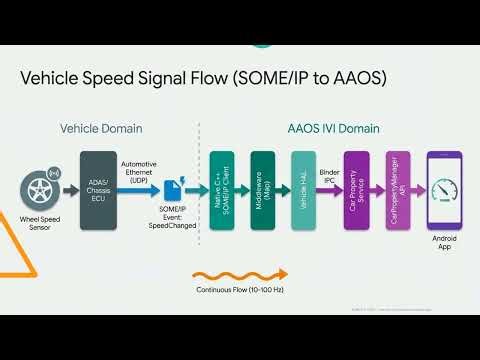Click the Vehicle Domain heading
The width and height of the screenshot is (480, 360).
101,129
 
